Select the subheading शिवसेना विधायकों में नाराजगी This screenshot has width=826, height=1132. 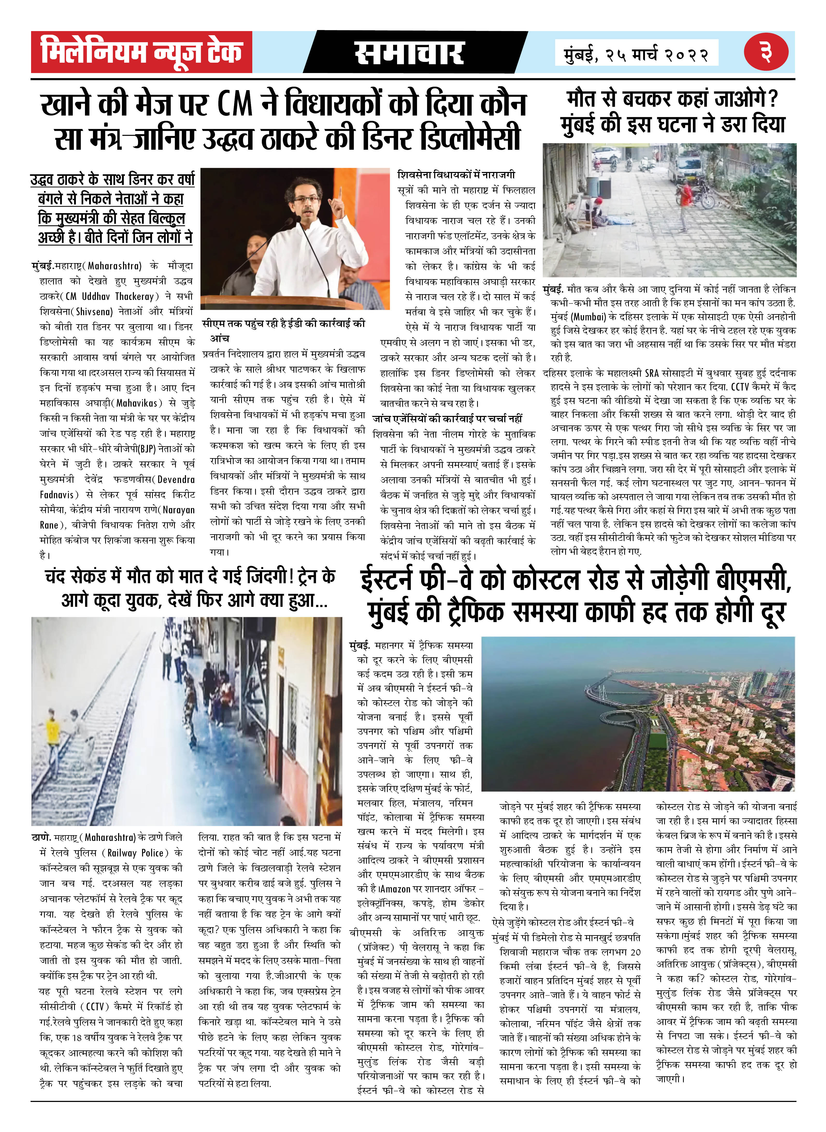click(x=456, y=175)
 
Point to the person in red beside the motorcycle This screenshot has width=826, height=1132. click(x=686, y=198)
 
